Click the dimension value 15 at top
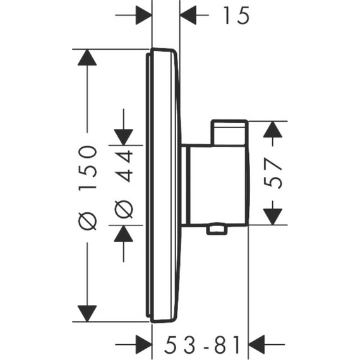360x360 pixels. [235, 15]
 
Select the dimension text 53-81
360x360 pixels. [203, 345]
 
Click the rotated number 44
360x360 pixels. [124, 166]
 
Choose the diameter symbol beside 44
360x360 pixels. [124, 208]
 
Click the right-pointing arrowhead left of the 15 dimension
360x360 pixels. [143, 15]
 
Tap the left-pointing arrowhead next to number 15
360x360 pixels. [189, 15]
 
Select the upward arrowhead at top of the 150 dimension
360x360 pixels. [87, 57]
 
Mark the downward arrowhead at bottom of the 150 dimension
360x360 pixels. [87, 313]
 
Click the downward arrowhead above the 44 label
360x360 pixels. [123, 136]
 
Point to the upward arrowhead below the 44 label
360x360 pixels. [123, 234]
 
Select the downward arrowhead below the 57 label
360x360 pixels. [272, 216]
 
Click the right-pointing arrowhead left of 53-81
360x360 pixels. [143, 345]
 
